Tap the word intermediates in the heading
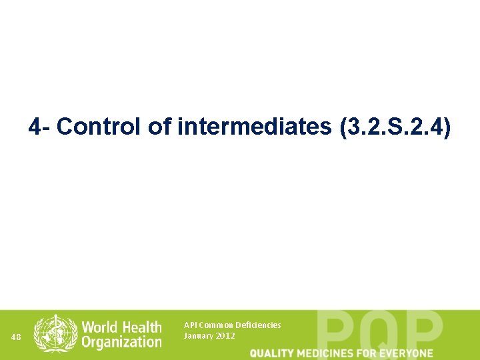click(255, 127)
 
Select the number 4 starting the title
click(35, 127)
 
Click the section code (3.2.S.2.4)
click(395, 127)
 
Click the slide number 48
click(17, 337)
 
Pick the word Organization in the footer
click(121, 343)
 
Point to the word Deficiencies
click(258, 325)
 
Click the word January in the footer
click(198, 336)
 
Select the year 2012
click(225, 336)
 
